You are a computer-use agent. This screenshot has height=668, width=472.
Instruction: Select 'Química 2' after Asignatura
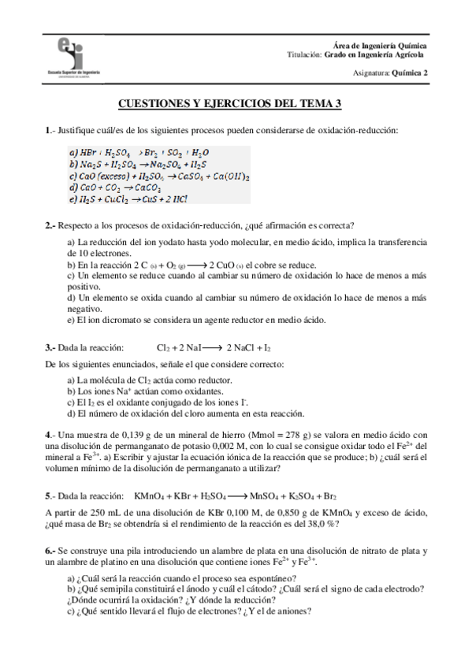(407, 72)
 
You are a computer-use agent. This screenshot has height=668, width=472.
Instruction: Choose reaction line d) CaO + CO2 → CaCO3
(115, 188)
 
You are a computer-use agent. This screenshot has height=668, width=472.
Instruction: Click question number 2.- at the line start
(50, 225)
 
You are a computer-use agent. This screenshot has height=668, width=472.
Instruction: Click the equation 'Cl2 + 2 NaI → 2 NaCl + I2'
(214, 347)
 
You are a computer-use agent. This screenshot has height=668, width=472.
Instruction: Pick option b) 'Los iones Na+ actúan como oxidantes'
(145, 391)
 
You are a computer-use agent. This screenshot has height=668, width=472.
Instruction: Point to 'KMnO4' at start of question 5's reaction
(150, 497)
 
